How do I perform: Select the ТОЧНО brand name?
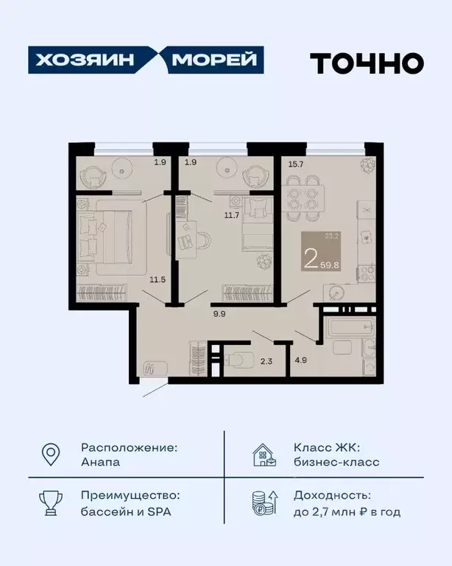tap(366, 63)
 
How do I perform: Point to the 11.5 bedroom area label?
tap(158, 280)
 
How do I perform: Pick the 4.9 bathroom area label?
tap(300, 361)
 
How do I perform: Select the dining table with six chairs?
tap(302, 196)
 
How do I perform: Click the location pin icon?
tap(50, 455)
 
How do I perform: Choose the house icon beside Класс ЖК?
tap(264, 455)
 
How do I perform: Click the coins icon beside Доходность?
tap(264, 504)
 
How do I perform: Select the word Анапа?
tap(100, 462)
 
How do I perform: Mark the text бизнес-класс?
tap(336, 462)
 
